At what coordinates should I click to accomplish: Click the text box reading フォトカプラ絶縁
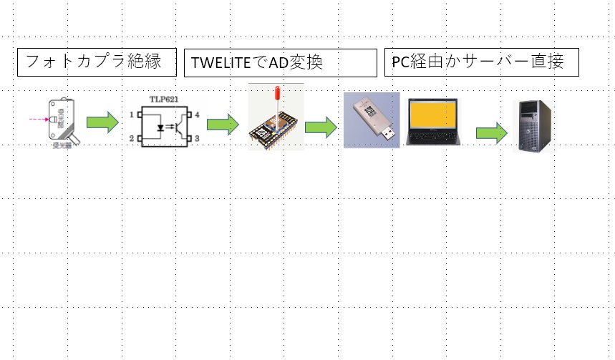[x=97, y=62]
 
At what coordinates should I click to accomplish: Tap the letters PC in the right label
[x=399, y=63]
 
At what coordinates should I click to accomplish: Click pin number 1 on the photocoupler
[x=132, y=115]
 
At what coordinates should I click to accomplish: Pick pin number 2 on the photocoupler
[x=132, y=137]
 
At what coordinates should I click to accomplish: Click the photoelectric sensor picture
[x=62, y=122]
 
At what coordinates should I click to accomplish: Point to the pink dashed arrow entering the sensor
[x=39, y=117]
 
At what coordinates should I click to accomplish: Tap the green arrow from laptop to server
[x=491, y=132]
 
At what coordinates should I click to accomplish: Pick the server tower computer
[x=533, y=127]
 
